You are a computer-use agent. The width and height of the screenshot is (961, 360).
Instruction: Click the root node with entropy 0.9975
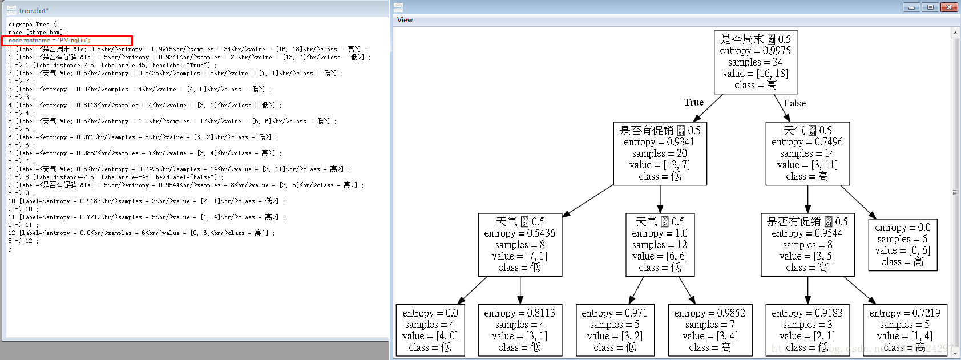pos(756,62)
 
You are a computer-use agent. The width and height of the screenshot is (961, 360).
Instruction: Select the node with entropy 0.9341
pos(660,153)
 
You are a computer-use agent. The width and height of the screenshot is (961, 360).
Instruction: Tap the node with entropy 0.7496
pos(807,153)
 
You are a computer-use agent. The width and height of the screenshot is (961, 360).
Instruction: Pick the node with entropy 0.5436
pos(520,245)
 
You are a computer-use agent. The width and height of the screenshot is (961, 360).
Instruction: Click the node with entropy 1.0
pos(660,245)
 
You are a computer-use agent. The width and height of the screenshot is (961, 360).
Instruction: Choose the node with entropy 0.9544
pos(807,245)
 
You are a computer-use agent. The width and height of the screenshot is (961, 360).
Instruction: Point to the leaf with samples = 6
pos(902,245)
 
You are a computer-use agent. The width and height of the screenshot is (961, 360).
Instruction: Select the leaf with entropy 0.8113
pos(519,330)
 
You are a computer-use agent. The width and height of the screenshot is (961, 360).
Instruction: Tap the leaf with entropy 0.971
pos(614,330)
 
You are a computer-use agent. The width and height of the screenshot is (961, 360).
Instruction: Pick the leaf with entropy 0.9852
pos(709,330)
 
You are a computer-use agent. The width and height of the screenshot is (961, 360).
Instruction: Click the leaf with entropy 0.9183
pos(807,330)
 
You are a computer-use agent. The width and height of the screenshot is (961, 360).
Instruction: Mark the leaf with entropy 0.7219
pos(905,330)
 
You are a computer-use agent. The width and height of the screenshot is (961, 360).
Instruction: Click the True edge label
pos(693,102)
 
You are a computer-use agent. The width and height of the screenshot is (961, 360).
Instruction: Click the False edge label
pos(794,103)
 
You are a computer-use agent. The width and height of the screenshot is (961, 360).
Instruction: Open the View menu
pos(405,20)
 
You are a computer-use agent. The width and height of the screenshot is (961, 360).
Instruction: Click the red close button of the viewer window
pos(949,7)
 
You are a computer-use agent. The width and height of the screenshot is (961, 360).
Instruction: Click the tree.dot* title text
pos(34,10)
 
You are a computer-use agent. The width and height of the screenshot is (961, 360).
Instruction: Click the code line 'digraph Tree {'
pos(33,25)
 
